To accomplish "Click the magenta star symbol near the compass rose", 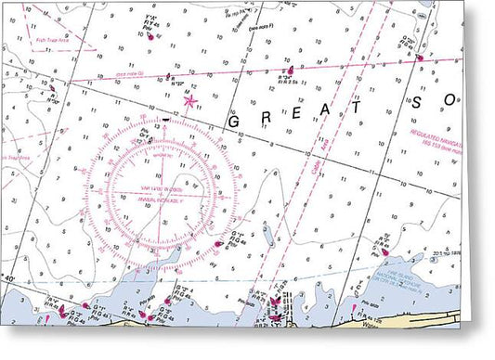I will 190,100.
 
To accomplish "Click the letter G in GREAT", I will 233,122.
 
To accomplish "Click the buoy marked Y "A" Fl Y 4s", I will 154,34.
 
